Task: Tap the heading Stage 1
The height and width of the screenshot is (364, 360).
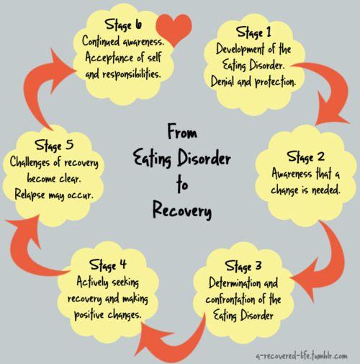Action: point(253,32)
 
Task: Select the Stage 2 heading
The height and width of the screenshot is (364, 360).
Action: point(305,156)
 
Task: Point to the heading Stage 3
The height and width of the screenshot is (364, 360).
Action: point(243,266)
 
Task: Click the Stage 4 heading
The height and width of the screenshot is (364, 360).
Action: point(108,265)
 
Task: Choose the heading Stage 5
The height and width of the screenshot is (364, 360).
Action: point(54,145)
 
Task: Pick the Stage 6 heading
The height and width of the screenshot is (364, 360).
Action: point(123,25)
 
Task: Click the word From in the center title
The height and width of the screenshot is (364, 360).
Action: point(182,131)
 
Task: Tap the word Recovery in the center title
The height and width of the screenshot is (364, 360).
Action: point(182,210)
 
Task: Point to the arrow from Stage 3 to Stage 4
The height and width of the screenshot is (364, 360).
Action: point(178,346)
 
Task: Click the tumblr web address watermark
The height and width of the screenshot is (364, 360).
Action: point(302,355)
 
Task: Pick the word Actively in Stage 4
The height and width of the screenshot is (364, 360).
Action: point(92,282)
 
